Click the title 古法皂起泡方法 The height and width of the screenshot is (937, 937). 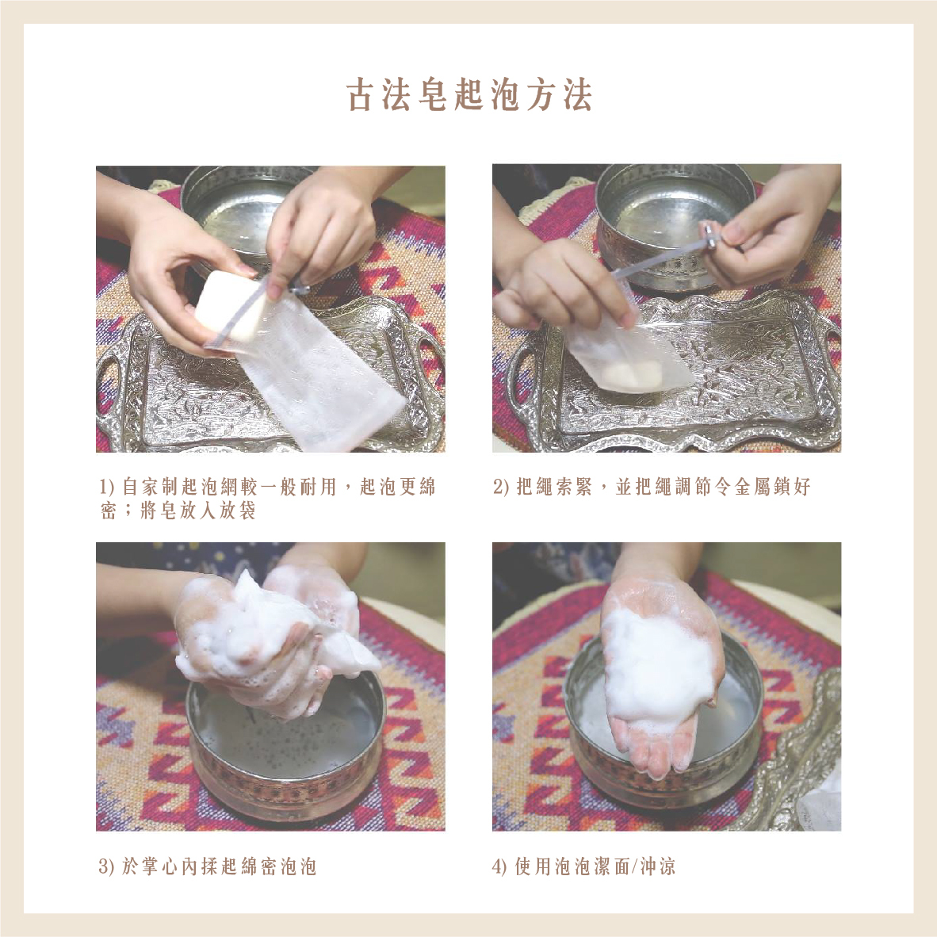(469, 95)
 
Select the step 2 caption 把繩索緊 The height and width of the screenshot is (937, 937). (652, 487)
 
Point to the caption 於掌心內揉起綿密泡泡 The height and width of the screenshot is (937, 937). (208, 866)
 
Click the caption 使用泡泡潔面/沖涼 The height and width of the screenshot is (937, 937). (583, 866)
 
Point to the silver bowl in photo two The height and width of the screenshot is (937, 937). (669, 224)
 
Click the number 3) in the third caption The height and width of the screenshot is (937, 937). (106, 866)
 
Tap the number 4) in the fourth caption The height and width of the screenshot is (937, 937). (500, 866)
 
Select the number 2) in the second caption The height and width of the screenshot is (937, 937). (501, 487)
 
